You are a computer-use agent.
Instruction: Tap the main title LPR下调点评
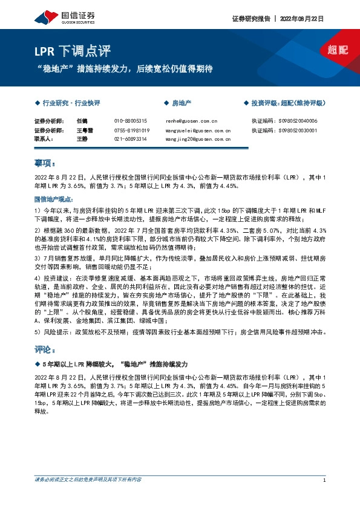63,51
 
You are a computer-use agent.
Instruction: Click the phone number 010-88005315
131,121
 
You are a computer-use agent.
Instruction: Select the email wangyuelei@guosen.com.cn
198,130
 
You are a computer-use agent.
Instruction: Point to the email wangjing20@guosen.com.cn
198,138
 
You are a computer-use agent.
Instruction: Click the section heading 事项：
45,163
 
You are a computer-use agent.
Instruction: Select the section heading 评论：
45,349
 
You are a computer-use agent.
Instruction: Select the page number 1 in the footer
325,480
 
